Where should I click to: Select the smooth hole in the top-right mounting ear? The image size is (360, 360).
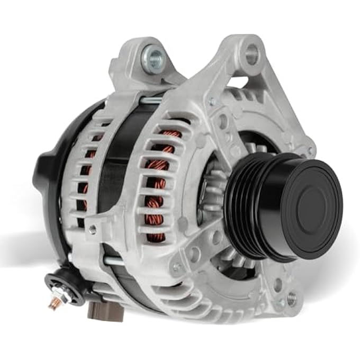click(x=252, y=53)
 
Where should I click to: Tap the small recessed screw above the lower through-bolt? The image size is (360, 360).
click(x=93, y=229)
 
